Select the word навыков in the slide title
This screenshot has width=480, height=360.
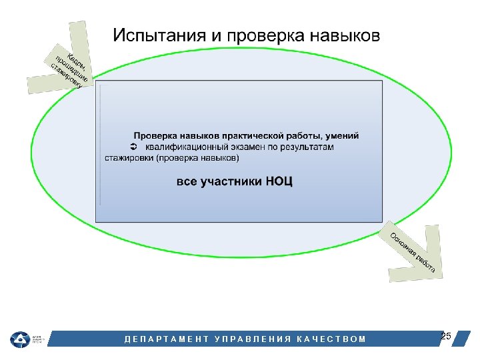tap(345, 35)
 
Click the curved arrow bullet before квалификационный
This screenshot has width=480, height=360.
tap(132, 147)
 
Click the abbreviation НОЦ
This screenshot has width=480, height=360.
tap(279, 181)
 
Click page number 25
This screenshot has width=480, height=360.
tap(446, 336)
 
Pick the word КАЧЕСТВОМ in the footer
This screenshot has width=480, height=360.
tap(334, 339)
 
